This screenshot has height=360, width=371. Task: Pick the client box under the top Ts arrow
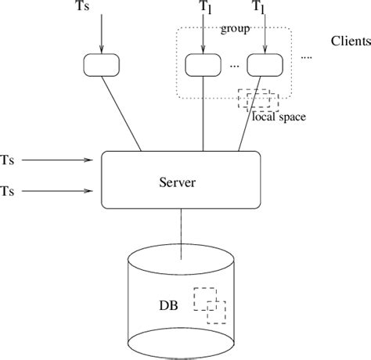tap(103, 64)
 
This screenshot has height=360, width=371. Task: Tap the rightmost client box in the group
tap(262, 65)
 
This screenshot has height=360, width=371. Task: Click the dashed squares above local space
tap(258, 99)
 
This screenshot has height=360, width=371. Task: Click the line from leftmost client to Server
tap(122, 114)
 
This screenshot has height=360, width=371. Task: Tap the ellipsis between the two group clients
tap(234, 67)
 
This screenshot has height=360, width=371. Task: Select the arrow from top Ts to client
tap(103, 35)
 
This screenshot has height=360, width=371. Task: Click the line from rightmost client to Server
tap(250, 114)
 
